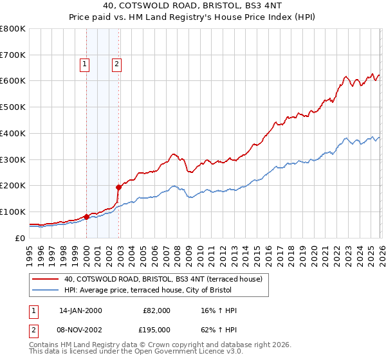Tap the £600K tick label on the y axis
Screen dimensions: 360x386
(13, 81)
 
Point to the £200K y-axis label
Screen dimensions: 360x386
(13, 186)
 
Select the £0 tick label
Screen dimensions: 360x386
(19, 238)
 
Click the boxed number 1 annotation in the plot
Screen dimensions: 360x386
(85, 63)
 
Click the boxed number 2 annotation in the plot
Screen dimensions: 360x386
(116, 63)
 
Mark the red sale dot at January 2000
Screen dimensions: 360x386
(86, 217)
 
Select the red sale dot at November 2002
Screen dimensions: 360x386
(118, 187)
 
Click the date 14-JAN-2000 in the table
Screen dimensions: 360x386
(80, 310)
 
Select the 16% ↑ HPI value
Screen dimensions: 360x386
(219, 310)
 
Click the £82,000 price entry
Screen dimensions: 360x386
(156, 310)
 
